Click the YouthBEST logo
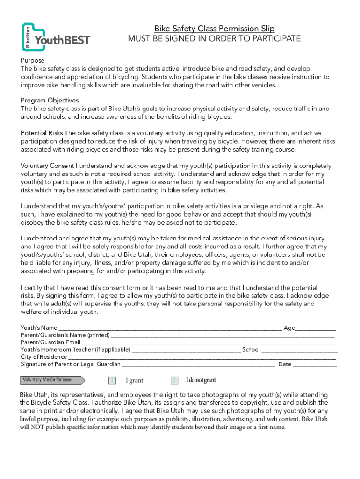[x=56, y=37]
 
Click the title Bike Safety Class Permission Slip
[x=215, y=29]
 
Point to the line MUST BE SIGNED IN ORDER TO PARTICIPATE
[x=215, y=39]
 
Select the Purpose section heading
[x=32, y=61]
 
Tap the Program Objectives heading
[x=50, y=101]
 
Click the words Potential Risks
[x=42, y=133]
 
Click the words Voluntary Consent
[x=47, y=166]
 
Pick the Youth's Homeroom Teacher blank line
[x=186, y=350]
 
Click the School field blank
[x=300, y=350]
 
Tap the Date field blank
[x=315, y=364]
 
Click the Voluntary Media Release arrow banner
[x=51, y=380]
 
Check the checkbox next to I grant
[x=112, y=380]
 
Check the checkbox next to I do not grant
[x=174, y=380]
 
